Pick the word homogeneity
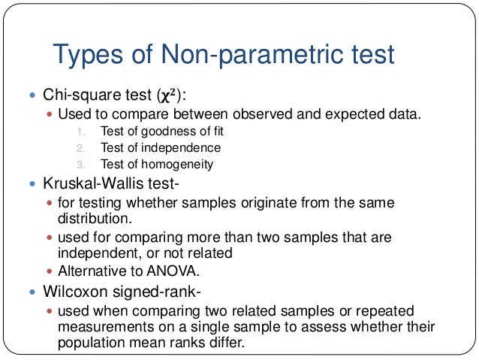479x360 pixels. tap(179, 164)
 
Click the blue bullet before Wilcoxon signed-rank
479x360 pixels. tap(31, 291)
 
